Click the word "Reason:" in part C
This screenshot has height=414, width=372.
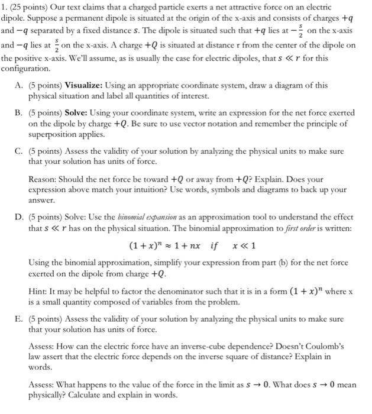[x=43, y=178]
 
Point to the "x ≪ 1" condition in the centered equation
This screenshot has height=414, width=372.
[x=242, y=245]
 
